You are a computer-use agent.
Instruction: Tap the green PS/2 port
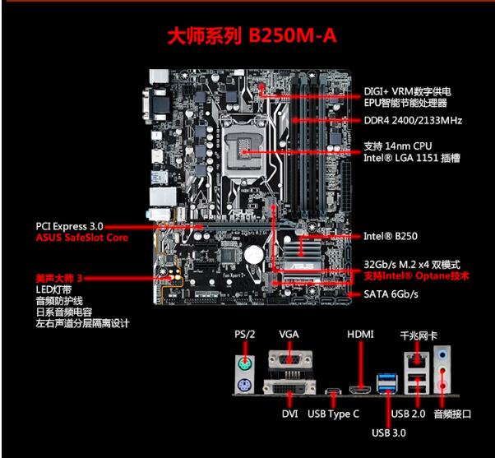pyautogui.click(x=244, y=363)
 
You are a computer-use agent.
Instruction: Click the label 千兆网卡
pyautogui.click(x=419, y=335)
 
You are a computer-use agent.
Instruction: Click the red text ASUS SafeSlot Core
pyautogui.click(x=81, y=238)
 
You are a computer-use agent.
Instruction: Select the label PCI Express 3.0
pyautogui.click(x=69, y=225)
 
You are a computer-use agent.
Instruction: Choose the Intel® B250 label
pyautogui.click(x=390, y=236)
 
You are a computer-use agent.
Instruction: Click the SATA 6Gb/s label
pyautogui.click(x=391, y=294)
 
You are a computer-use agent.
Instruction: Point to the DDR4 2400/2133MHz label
pyautogui.click(x=413, y=120)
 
